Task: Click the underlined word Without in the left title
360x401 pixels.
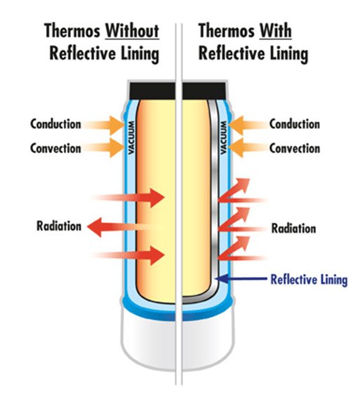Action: (x=133, y=31)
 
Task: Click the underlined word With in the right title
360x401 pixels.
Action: (x=276, y=31)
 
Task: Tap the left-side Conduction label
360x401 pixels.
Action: (x=55, y=124)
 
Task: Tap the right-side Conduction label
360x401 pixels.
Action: (x=295, y=124)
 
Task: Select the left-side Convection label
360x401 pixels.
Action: (x=55, y=148)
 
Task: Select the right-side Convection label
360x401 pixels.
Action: (x=295, y=148)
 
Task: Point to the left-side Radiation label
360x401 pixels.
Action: (x=59, y=226)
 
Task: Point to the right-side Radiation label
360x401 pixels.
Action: (x=293, y=228)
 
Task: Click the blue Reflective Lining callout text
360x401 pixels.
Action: (x=309, y=280)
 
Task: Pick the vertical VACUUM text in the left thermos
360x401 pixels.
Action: (x=131, y=138)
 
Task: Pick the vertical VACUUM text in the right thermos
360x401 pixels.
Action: (x=224, y=138)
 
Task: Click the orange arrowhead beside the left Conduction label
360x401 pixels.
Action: (x=117, y=125)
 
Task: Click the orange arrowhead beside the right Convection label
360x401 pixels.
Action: (x=236, y=147)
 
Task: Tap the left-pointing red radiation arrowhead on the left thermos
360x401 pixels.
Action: (x=95, y=227)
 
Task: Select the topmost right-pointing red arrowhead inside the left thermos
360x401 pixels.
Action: (x=157, y=198)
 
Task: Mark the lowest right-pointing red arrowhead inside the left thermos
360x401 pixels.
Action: (x=157, y=255)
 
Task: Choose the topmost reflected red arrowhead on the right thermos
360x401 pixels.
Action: (x=242, y=184)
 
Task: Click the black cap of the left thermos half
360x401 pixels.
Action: (x=152, y=91)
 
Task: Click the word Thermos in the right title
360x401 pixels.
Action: (x=227, y=31)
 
